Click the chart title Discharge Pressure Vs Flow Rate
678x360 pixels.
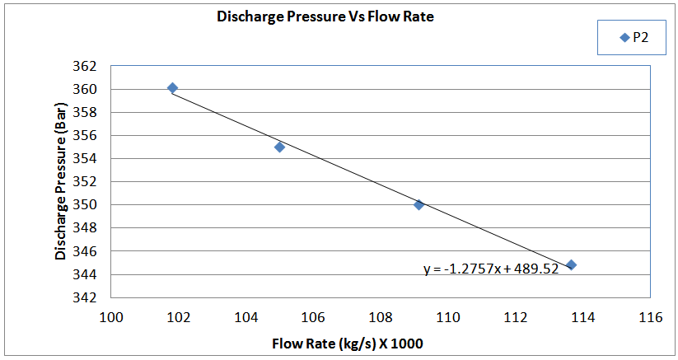click(325, 16)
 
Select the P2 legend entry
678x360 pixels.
click(633, 37)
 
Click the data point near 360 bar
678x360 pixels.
click(172, 87)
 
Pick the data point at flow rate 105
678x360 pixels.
click(279, 147)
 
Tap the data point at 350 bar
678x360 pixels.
click(418, 204)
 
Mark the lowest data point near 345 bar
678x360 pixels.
click(571, 264)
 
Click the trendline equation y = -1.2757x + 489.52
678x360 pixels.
click(491, 269)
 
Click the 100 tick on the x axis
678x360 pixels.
click(111, 316)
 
